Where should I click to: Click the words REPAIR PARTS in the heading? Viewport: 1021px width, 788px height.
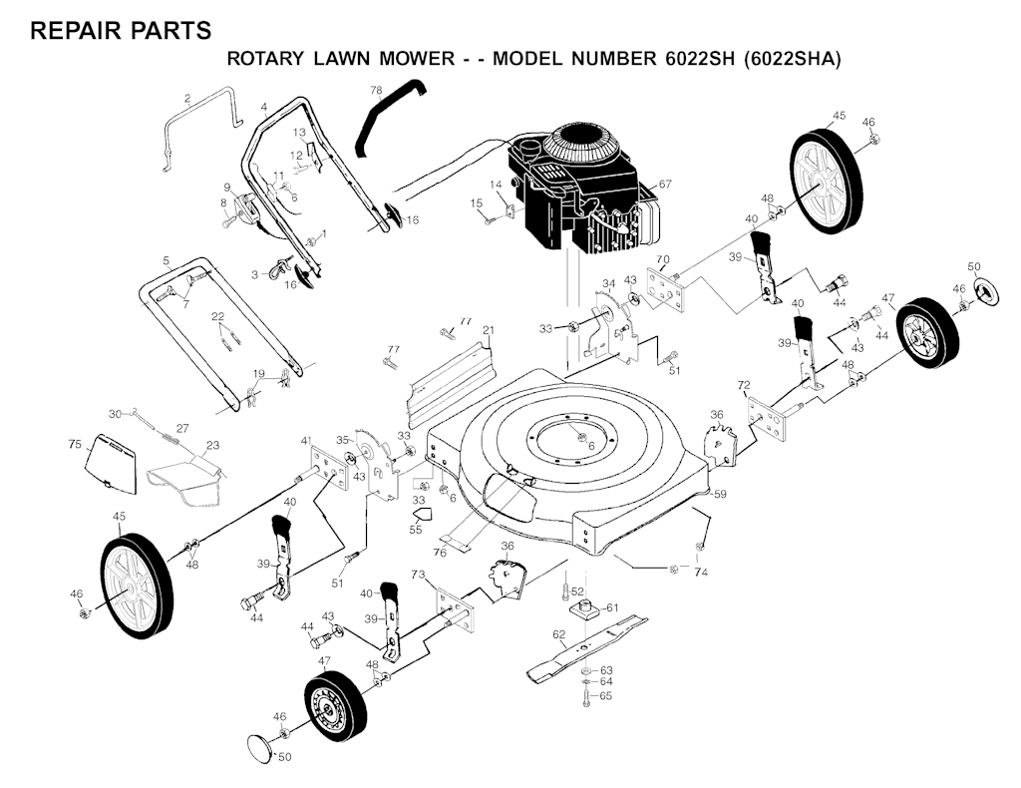pyautogui.click(x=121, y=31)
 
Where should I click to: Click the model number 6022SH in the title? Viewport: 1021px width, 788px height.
pyautogui.click(x=698, y=59)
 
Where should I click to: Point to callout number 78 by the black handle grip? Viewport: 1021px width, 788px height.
pyautogui.click(x=376, y=91)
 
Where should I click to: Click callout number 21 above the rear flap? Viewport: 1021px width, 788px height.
pyautogui.click(x=489, y=330)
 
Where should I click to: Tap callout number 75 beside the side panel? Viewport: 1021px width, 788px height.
pyautogui.click(x=75, y=445)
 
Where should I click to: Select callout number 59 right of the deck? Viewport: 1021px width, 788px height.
pyautogui.click(x=720, y=493)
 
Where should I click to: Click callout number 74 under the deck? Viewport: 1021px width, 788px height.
pyautogui.click(x=702, y=573)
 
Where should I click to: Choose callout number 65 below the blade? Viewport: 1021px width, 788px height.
pyautogui.click(x=605, y=695)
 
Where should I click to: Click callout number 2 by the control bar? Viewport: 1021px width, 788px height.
pyautogui.click(x=187, y=98)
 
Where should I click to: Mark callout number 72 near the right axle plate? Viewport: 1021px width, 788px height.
pyautogui.click(x=743, y=385)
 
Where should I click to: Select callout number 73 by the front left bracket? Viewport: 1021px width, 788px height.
pyautogui.click(x=418, y=576)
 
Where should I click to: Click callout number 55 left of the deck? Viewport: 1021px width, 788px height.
pyautogui.click(x=416, y=530)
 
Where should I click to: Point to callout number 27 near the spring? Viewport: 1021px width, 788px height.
pyautogui.click(x=182, y=428)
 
